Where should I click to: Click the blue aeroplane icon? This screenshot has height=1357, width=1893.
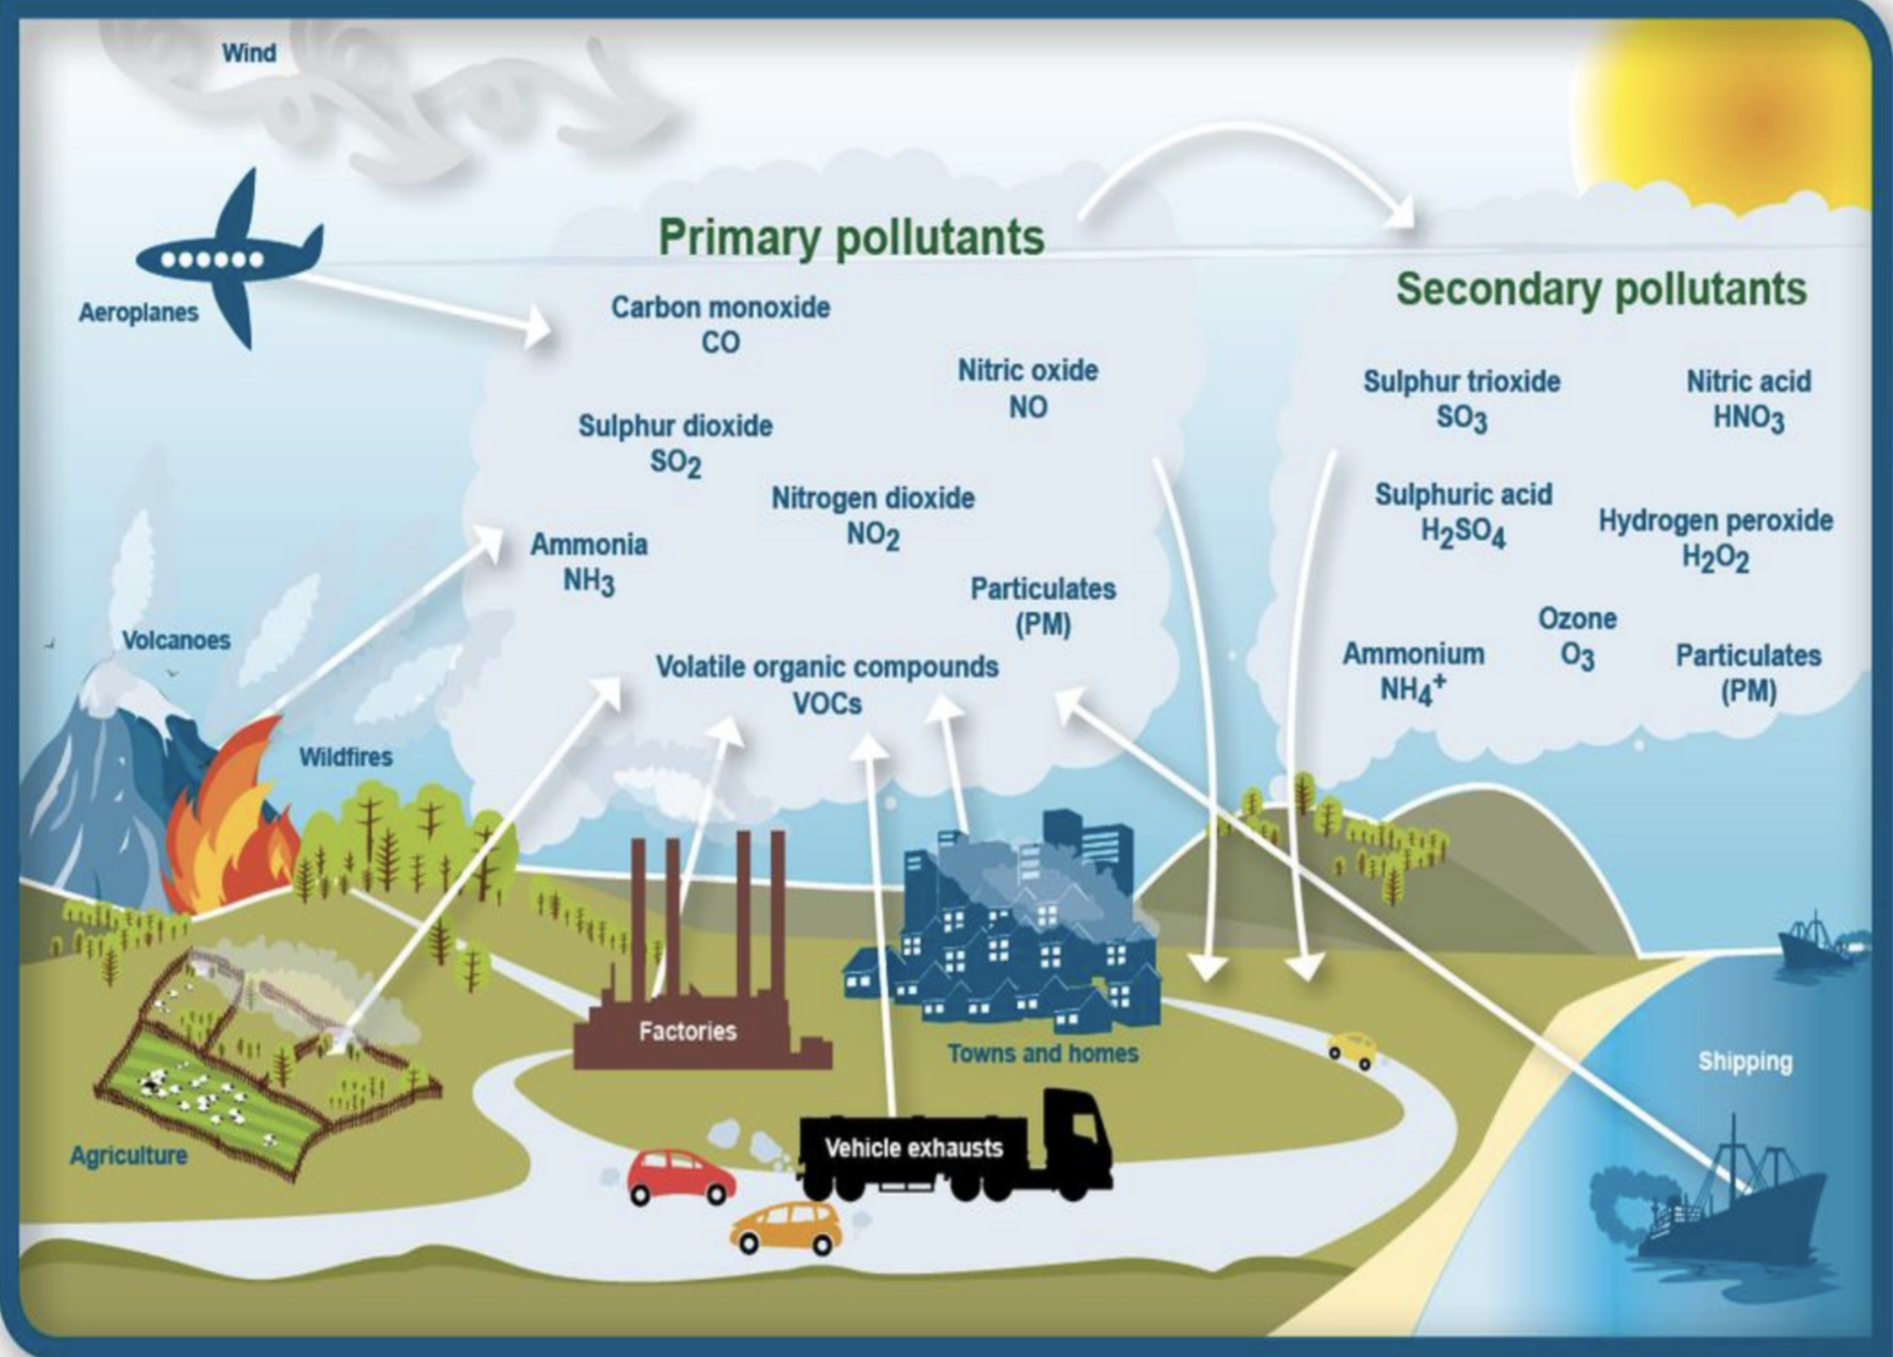pos(230,260)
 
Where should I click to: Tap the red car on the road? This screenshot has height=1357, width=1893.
pos(681,1176)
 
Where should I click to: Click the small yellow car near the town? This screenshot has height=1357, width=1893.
pos(1351,1049)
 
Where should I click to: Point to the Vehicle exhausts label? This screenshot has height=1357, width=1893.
pos(914,1148)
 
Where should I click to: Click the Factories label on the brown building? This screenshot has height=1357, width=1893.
pos(688,1032)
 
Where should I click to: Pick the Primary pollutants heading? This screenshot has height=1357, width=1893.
pos(851,237)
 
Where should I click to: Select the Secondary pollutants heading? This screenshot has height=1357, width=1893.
pos(1600,289)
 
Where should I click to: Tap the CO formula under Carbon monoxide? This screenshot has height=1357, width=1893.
pos(720,343)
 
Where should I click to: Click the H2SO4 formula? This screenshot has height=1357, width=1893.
pos(1462,533)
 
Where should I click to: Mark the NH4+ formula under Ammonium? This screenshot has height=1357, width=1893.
pos(1413,688)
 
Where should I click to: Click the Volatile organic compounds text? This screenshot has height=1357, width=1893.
pos(826,667)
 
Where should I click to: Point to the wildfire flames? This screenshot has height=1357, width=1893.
pos(230,823)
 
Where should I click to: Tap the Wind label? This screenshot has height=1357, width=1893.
pos(248,53)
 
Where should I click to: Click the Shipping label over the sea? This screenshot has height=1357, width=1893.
pos(1744,1061)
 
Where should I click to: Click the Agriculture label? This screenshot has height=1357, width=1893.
pos(128,1156)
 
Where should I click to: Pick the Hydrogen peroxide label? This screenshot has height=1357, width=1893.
pos(1714,521)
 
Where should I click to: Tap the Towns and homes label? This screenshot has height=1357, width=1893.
pos(1042,1053)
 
